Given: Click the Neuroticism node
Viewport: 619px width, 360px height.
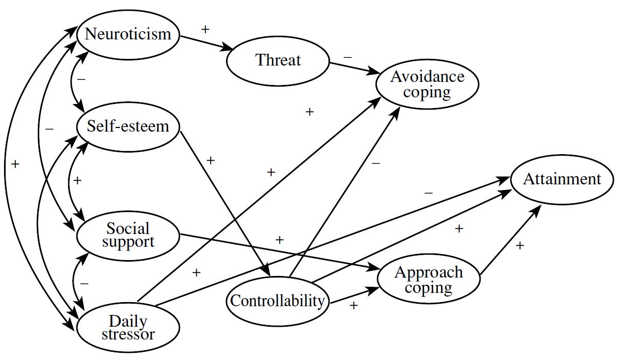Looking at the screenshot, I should (x=128, y=35).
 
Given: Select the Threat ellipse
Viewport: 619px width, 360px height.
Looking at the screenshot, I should (x=278, y=60).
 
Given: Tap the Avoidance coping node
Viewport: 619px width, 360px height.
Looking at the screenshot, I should (x=427, y=84).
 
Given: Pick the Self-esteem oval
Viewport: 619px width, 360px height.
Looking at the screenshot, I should (x=128, y=126).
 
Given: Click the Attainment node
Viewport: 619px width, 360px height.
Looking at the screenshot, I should (x=562, y=179).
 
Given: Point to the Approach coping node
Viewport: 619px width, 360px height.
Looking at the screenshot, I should (x=428, y=280).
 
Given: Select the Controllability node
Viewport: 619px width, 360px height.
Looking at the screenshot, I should (x=278, y=301).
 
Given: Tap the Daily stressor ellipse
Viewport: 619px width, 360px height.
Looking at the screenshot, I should (x=128, y=328).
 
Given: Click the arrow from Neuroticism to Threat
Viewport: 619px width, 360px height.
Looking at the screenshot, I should (x=205, y=43).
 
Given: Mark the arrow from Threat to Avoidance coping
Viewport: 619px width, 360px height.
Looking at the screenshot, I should (x=354, y=69).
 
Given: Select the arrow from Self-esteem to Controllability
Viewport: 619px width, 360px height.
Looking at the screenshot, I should (x=225, y=200).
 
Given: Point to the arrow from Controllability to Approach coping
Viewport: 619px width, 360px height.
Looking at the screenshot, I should (x=354, y=295).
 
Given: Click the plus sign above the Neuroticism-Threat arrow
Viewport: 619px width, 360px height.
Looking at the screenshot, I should (x=205, y=29).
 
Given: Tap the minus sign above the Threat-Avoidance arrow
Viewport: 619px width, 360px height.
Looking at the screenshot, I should (x=348, y=57).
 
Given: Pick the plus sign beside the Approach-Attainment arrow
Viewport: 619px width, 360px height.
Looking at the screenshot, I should (x=520, y=246).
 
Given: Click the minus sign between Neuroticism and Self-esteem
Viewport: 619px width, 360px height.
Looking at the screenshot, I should (x=80, y=80).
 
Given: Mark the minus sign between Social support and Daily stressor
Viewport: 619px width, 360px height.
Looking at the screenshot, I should (x=85, y=283).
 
